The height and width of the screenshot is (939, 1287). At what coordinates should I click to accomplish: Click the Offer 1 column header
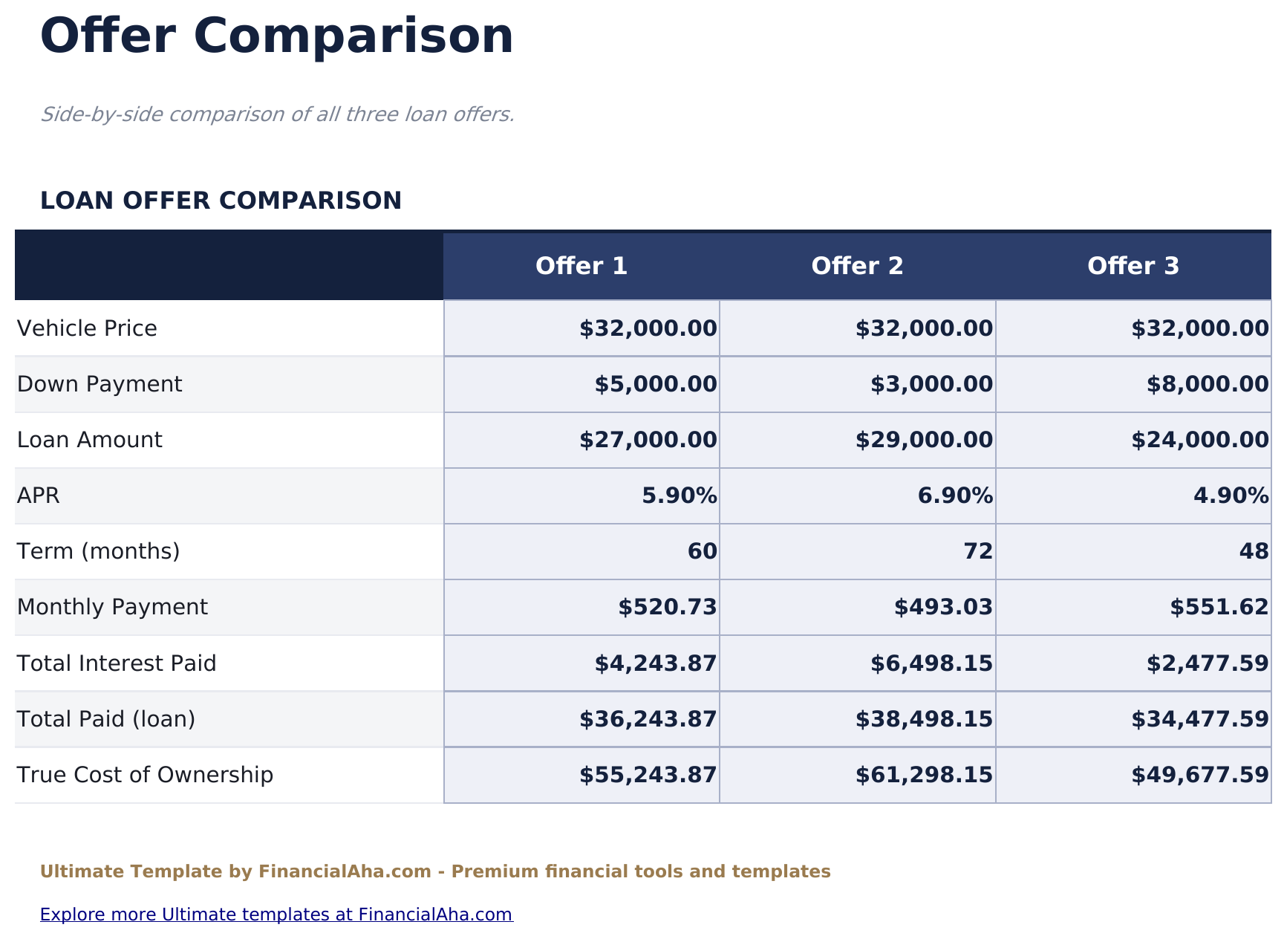tap(581, 266)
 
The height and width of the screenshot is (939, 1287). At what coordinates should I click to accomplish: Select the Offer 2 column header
tap(857, 266)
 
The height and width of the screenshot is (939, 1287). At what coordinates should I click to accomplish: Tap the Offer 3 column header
tap(1133, 266)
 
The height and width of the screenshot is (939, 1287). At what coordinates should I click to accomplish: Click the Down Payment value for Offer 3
tap(1207, 384)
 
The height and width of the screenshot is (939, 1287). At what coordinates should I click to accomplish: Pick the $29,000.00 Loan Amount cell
tap(924, 440)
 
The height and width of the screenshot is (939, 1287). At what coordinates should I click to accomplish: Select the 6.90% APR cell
tap(955, 496)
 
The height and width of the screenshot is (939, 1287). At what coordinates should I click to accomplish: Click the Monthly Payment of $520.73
tap(667, 607)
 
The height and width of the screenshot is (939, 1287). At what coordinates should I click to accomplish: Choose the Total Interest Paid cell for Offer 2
tap(931, 663)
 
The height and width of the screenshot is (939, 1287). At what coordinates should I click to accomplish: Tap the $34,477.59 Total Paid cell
tap(1199, 719)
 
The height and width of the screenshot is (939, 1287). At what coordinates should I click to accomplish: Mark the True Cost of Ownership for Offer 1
tap(648, 775)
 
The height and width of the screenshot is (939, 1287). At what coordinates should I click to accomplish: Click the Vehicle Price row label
tap(87, 328)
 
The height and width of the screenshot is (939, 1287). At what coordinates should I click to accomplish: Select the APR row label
tap(39, 496)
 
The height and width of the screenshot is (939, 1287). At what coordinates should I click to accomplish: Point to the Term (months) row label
tap(98, 551)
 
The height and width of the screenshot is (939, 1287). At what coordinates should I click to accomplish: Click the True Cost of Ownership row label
tap(145, 775)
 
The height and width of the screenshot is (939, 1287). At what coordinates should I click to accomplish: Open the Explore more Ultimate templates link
tap(276, 914)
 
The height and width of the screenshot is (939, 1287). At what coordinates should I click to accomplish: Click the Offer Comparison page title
tap(276, 36)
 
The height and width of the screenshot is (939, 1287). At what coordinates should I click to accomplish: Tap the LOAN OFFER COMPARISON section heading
tap(221, 201)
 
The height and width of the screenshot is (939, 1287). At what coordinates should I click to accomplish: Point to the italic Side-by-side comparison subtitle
tap(277, 114)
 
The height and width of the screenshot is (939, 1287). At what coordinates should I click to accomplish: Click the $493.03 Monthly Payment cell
tap(943, 607)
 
